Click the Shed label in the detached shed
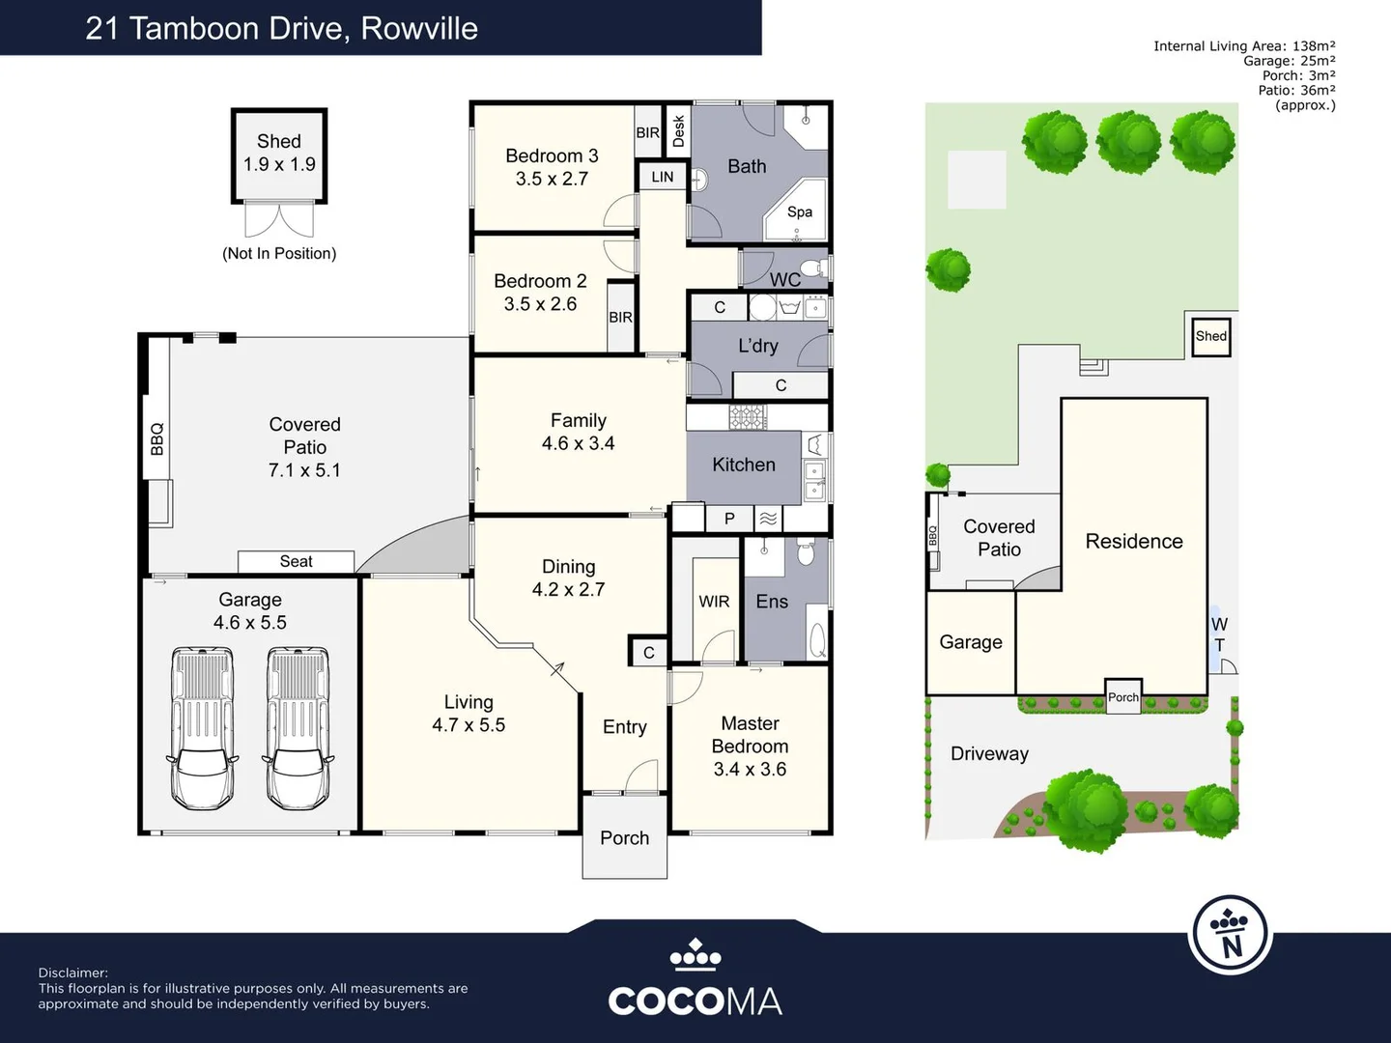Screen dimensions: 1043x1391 point(278,141)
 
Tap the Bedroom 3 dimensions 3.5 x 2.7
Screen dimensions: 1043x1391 point(552,179)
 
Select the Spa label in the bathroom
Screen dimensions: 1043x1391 point(800,211)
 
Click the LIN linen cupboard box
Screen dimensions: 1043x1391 point(663,177)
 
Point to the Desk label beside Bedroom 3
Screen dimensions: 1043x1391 point(678,131)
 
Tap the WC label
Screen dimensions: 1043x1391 point(784,280)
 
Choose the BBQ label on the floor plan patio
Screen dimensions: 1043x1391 point(157,438)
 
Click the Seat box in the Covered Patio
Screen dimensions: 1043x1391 point(296,561)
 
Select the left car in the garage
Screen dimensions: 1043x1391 point(203,728)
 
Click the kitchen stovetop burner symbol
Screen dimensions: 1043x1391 point(747,417)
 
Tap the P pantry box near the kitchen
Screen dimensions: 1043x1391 point(729,519)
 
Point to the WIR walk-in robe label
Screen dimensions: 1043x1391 point(714,602)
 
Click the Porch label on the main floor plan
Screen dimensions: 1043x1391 point(624,838)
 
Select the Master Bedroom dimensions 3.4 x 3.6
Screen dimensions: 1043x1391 point(750,770)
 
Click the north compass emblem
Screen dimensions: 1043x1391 point(1231,935)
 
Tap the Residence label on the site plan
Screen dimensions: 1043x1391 point(1134,542)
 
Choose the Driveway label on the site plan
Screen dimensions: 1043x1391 point(989,754)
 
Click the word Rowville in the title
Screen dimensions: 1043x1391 point(419,28)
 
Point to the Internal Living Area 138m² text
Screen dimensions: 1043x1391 point(1244,45)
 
